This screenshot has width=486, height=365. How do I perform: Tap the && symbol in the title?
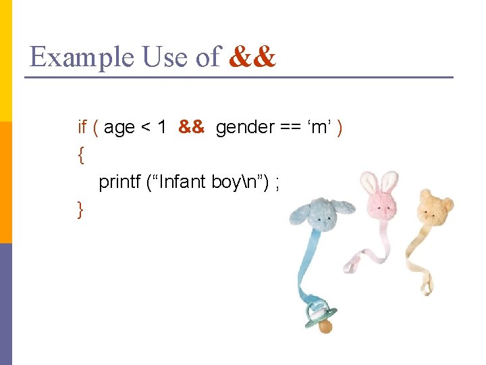pyautogui.click(x=252, y=57)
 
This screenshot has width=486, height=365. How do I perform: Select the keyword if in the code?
pyautogui.click(x=82, y=127)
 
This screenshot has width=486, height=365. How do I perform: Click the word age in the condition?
pyautogui.click(x=119, y=128)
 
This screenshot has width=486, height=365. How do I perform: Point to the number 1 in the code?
pyautogui.click(x=162, y=127)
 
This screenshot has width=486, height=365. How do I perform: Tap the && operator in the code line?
pyautogui.click(x=191, y=127)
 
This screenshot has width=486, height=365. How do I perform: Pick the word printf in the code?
pyautogui.click(x=119, y=182)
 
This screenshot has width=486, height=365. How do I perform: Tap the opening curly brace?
pyautogui.click(x=81, y=155)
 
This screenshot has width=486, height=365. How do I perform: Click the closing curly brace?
pyautogui.click(x=81, y=210)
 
